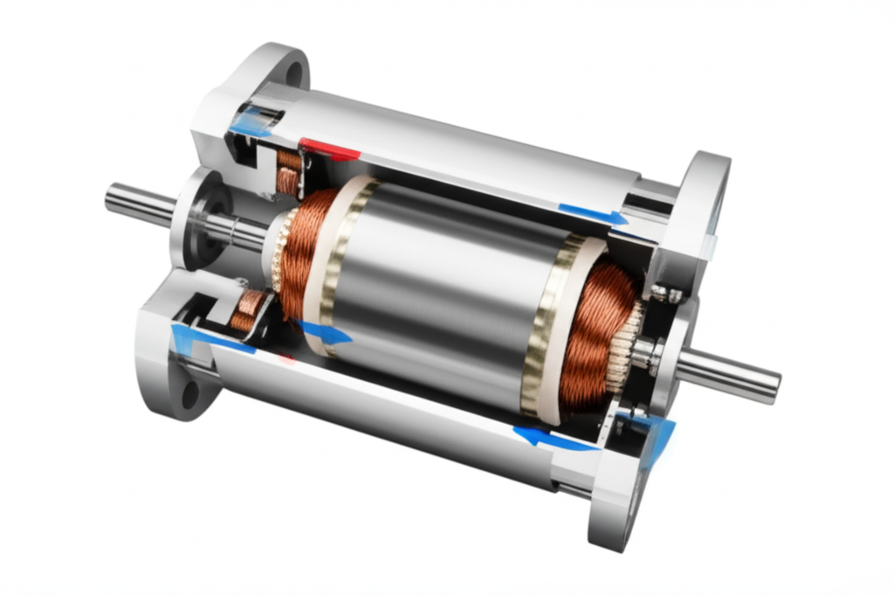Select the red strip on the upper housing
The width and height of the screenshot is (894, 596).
coord(330,150)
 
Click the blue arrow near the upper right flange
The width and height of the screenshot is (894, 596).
coord(594,214)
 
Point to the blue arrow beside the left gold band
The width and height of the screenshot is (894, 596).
coord(325,332)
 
